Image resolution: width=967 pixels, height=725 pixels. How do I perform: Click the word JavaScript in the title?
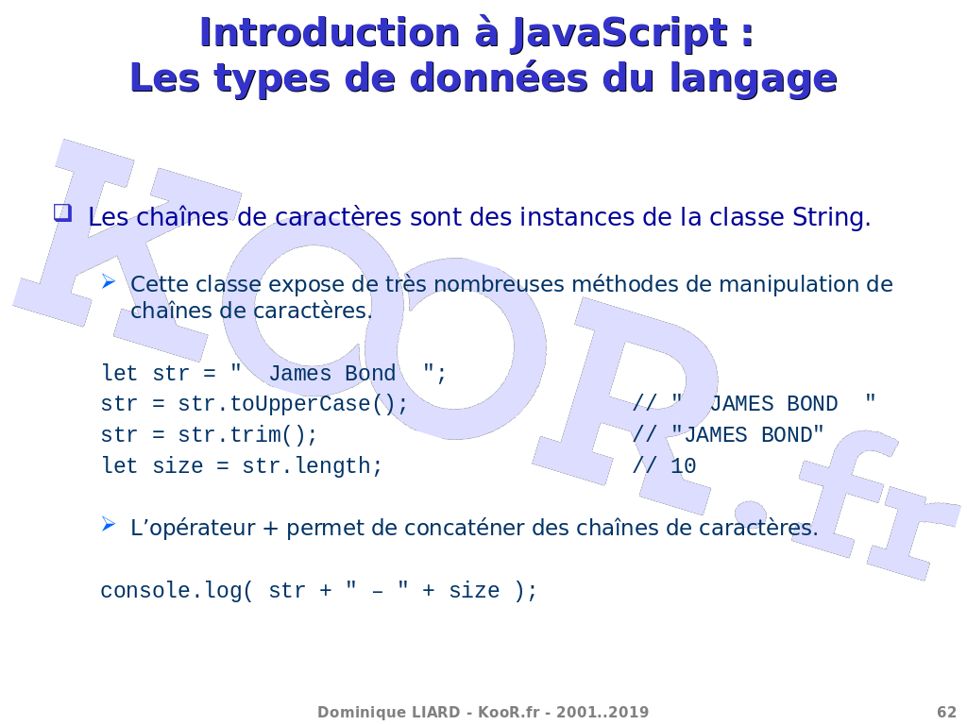point(619,33)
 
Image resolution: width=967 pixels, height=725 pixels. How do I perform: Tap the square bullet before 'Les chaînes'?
point(62,213)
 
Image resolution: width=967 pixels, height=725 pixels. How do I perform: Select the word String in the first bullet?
point(831,218)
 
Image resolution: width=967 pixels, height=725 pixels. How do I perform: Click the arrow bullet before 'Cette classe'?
point(109,282)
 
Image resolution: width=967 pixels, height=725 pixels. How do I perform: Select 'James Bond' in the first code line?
point(331,373)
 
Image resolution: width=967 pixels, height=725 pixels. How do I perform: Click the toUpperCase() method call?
point(319,404)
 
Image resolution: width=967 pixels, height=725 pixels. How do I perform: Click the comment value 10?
point(684,466)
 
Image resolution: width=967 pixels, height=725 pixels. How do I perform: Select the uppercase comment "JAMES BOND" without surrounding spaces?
point(748,434)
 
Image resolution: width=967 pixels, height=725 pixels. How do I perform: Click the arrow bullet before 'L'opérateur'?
point(109,525)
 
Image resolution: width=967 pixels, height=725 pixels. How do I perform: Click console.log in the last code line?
point(171,591)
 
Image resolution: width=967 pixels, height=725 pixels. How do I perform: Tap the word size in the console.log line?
point(474,591)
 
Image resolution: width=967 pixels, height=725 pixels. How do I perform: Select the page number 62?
point(946,712)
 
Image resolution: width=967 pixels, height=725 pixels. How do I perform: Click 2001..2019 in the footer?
point(602,712)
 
